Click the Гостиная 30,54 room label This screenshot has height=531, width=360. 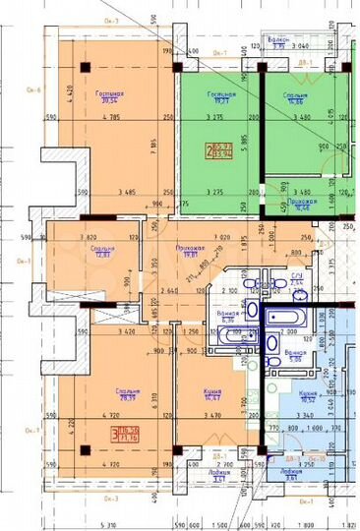tap(107, 96)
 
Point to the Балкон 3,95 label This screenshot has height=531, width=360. tap(278, 43)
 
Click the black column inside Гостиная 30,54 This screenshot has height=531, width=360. tap(86, 66)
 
